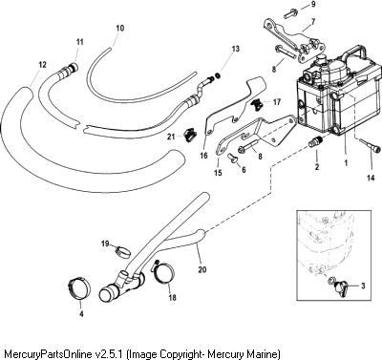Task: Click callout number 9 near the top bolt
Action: click(x=313, y=4)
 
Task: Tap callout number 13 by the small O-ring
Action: click(x=235, y=49)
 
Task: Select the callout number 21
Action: click(x=171, y=137)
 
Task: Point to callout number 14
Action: click(x=371, y=179)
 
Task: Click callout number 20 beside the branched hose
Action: click(x=202, y=269)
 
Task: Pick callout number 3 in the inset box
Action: click(x=363, y=286)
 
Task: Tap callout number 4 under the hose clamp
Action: click(x=81, y=314)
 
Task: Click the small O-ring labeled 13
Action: click(x=219, y=75)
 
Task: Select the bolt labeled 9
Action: click(x=291, y=13)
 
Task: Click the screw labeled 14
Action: click(x=369, y=145)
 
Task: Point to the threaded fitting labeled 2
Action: click(x=316, y=142)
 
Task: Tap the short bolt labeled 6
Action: click(x=234, y=158)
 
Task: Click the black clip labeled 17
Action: click(x=257, y=104)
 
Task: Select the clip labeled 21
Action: click(x=190, y=134)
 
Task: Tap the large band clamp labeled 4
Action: click(x=79, y=289)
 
